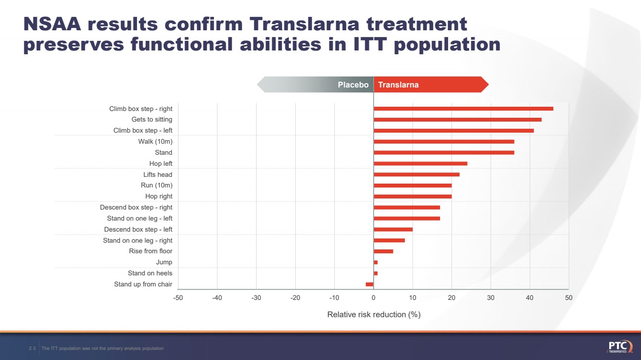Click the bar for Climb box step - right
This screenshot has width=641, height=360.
[x=463, y=109]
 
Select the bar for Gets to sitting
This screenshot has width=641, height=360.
[x=457, y=120]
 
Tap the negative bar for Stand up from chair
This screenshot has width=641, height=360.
[x=369, y=285]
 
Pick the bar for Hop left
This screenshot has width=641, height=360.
[x=420, y=164]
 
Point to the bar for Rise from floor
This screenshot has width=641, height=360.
[x=383, y=251]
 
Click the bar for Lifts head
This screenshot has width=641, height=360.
[x=416, y=174]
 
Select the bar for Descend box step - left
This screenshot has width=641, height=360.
[x=393, y=229]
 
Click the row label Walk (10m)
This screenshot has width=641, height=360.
[x=155, y=142]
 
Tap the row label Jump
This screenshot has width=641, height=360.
[x=164, y=262]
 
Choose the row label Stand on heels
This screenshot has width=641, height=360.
[x=150, y=273]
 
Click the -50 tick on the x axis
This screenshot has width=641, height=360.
[x=178, y=298]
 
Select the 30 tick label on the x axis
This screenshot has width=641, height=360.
[x=490, y=298]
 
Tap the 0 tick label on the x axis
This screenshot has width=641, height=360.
[x=374, y=298]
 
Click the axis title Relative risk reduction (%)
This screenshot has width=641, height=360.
[x=374, y=315]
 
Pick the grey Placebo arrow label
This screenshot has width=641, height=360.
[x=353, y=85]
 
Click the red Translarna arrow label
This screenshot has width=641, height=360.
[x=398, y=85]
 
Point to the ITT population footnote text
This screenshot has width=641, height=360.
[x=102, y=348]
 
